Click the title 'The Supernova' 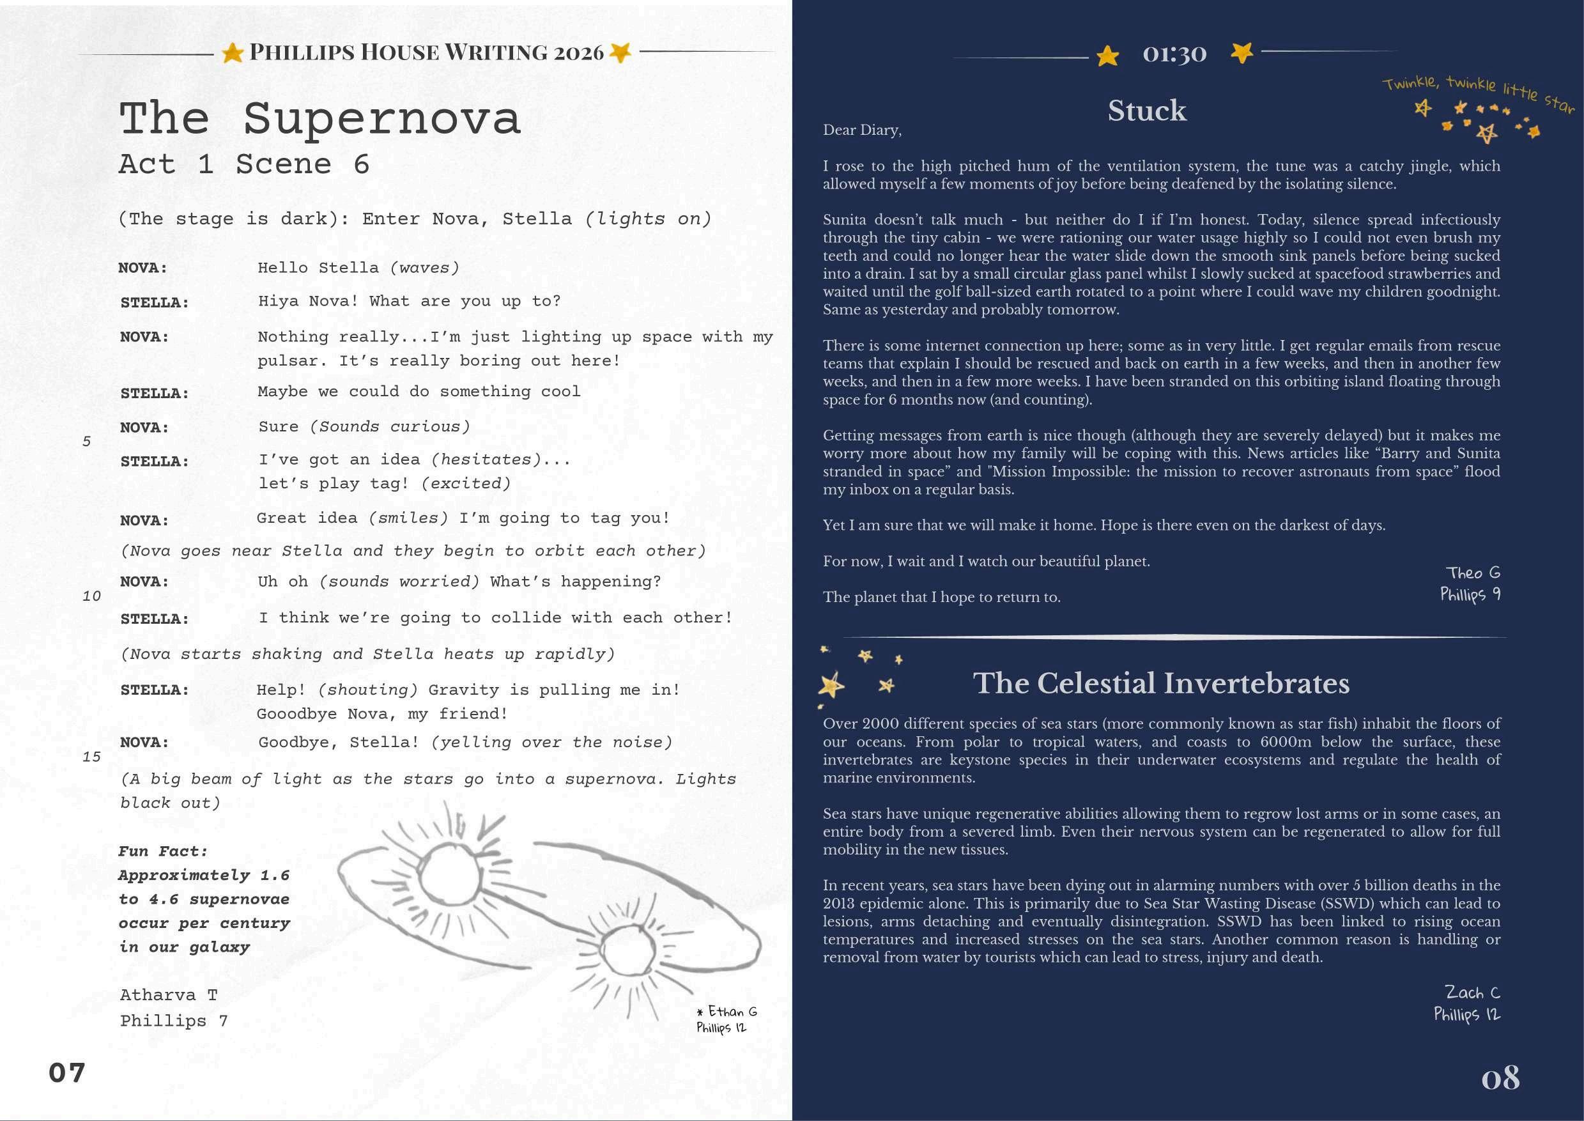click(319, 119)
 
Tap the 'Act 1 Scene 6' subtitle click(244, 164)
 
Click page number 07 click(67, 1072)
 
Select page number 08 click(1500, 1078)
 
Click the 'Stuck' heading click(1146, 111)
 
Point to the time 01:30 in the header click(1174, 53)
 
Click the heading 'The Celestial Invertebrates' click(1161, 683)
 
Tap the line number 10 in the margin click(91, 596)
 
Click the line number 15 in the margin click(91, 757)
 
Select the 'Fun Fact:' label click(163, 851)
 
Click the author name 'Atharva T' click(169, 994)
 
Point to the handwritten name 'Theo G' click(1473, 572)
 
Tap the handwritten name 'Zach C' click(1472, 992)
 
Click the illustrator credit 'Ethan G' click(732, 1011)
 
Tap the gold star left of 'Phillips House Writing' click(233, 52)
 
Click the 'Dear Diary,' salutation click(862, 130)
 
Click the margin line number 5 click(86, 441)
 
